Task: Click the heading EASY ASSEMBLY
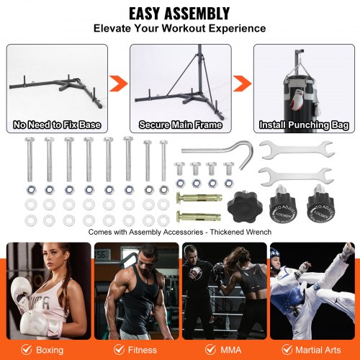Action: pyautogui.click(x=179, y=13)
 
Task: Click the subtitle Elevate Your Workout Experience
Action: pyautogui.click(x=179, y=30)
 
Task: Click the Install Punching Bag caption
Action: pyautogui.click(x=301, y=125)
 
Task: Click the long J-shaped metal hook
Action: pyautogui.click(x=215, y=154)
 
